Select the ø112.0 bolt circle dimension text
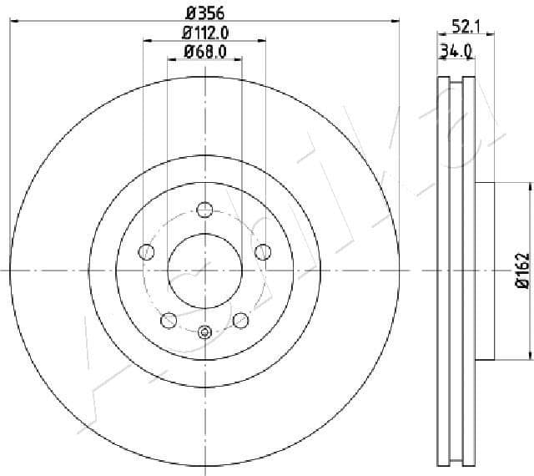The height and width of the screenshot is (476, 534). click(x=205, y=33)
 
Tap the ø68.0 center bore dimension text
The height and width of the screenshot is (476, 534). click(x=205, y=53)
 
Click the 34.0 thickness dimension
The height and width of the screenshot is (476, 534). click(x=456, y=51)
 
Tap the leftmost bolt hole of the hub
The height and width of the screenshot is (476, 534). click(x=147, y=251)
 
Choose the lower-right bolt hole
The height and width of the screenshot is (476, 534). click(x=241, y=319)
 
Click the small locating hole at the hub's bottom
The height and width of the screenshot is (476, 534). click(x=205, y=332)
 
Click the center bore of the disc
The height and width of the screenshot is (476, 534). click(x=205, y=270)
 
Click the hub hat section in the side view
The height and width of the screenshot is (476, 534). click(x=486, y=270)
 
